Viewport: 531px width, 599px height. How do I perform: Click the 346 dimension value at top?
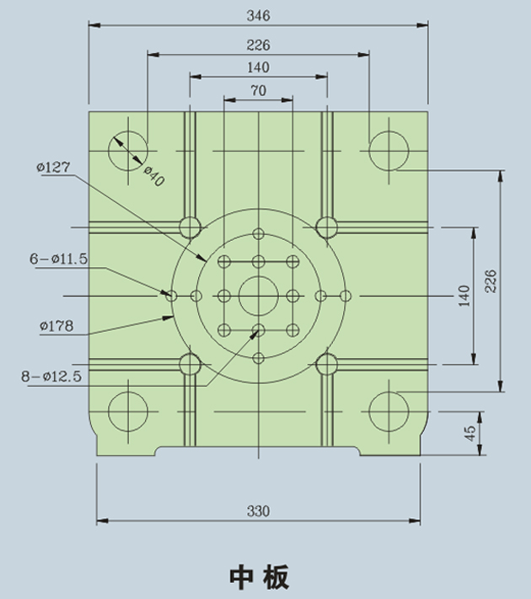(x=258, y=15)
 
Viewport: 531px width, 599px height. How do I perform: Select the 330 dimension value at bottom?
(x=258, y=511)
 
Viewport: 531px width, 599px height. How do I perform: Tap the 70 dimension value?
(x=258, y=90)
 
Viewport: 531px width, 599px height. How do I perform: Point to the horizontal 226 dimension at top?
(x=258, y=45)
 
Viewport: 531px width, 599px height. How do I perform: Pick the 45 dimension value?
(x=470, y=430)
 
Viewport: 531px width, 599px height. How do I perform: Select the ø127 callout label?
(x=54, y=167)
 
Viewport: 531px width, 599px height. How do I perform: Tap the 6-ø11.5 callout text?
(x=59, y=259)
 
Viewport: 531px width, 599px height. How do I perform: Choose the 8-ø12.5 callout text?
(x=51, y=377)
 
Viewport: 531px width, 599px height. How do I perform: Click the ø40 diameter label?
(x=153, y=176)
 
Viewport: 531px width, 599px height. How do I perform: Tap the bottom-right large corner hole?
(x=389, y=412)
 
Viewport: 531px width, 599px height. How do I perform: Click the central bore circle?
(x=258, y=296)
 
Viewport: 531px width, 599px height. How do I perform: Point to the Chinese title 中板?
(x=259, y=576)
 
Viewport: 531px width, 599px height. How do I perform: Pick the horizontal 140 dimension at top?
(x=258, y=67)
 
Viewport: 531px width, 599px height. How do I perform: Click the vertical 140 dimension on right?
(x=464, y=296)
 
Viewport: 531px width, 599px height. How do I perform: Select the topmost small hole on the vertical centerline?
(x=258, y=233)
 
